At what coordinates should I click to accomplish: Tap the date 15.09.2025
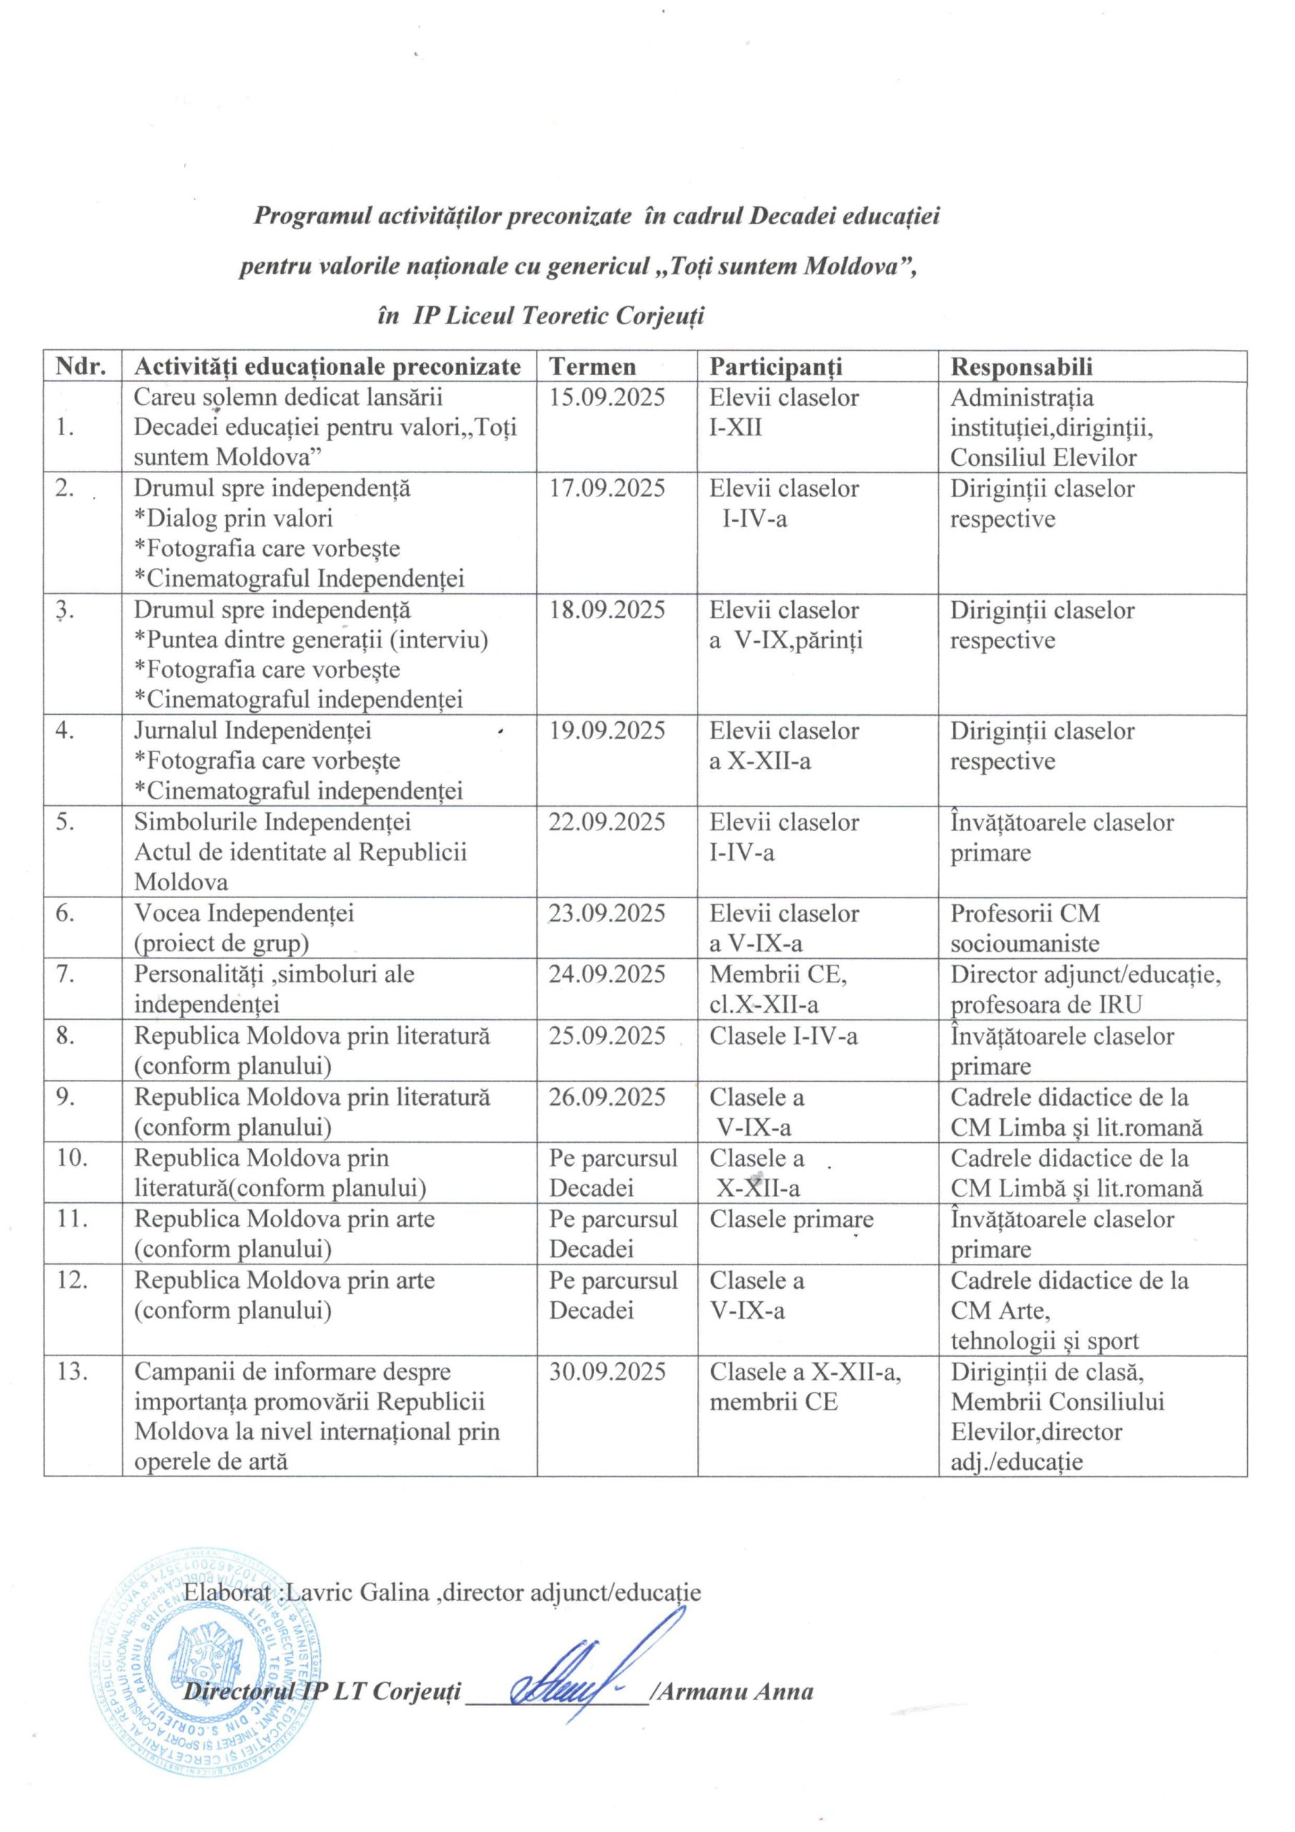[607, 397]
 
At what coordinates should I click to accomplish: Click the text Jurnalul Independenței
[252, 731]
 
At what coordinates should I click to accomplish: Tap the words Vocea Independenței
[243, 913]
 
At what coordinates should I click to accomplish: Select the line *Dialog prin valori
[233, 519]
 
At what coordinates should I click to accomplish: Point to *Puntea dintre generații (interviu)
[311, 640]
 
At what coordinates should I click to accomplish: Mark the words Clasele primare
[791, 1219]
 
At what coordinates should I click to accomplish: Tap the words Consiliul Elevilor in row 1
[1043, 458]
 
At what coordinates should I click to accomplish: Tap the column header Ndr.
[82, 367]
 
